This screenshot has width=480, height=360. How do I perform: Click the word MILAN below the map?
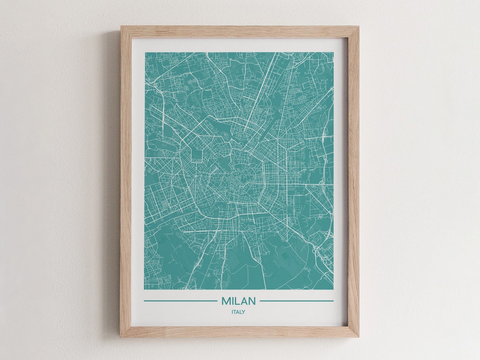pyautogui.click(x=239, y=301)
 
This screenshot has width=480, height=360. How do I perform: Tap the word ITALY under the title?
pyautogui.click(x=238, y=312)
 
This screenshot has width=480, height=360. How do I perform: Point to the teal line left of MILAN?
pyautogui.click(x=180, y=301)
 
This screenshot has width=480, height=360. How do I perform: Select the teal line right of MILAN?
pyautogui.click(x=296, y=301)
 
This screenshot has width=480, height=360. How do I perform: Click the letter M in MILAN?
pyautogui.click(x=225, y=301)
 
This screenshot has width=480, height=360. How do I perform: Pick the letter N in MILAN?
pyautogui.click(x=252, y=301)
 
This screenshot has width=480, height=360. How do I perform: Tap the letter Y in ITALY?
pyautogui.click(x=244, y=312)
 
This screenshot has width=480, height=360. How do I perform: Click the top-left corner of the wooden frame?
pyautogui.click(x=121, y=27)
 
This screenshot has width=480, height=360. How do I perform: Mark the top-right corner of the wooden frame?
pyautogui.click(x=358, y=27)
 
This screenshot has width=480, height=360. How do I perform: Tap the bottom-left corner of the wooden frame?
pyautogui.click(x=121, y=336)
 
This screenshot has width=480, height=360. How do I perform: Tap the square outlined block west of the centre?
pyautogui.click(x=196, y=154)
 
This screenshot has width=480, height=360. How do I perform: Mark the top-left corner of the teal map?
pyautogui.click(x=145, y=53)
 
